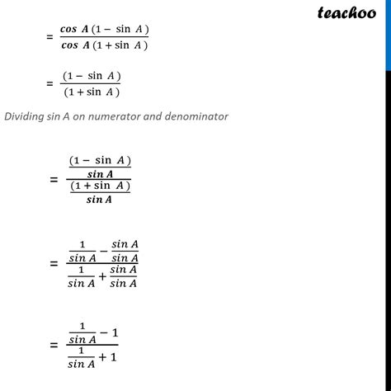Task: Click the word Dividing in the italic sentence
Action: click(x=25, y=116)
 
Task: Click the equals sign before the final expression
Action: click(x=53, y=346)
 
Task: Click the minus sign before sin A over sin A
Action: click(x=103, y=250)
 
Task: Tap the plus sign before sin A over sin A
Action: click(x=103, y=276)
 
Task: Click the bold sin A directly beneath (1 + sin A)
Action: click(x=99, y=200)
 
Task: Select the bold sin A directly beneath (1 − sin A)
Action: click(x=100, y=173)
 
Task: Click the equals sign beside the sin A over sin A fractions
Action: click(x=53, y=263)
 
